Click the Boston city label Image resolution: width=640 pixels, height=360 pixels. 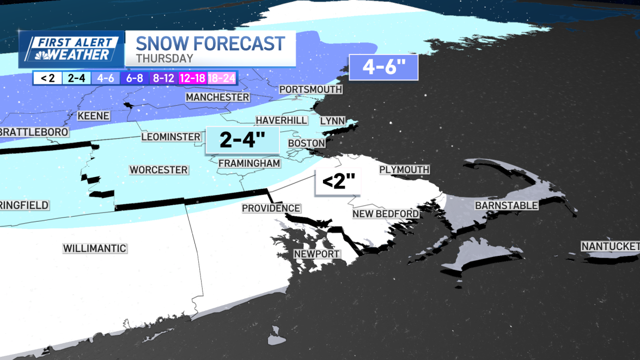tap(306, 143)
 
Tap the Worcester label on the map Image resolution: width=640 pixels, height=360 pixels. tap(159, 170)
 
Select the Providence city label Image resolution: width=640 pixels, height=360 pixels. tap(271, 208)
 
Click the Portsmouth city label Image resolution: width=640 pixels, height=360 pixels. tap(310, 89)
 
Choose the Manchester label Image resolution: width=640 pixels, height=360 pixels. tap(217, 97)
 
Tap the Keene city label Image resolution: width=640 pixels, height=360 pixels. tap(94, 116)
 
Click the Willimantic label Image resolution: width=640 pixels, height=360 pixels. tap(95, 248)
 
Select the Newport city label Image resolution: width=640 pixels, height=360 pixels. tap(317, 254)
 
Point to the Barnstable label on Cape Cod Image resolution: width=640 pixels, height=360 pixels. tap(507, 205)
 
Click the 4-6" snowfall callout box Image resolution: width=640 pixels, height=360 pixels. tap(383, 68)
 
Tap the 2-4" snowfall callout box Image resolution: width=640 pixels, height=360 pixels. tap(242, 141)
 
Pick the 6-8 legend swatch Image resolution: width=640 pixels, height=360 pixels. tap(135, 78)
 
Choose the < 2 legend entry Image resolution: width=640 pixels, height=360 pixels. tap(47, 78)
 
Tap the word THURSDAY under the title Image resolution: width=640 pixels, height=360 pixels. tap(164, 58)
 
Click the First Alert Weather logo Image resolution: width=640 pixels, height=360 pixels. tap(72, 48)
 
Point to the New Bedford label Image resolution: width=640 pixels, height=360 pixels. tap(386, 213)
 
